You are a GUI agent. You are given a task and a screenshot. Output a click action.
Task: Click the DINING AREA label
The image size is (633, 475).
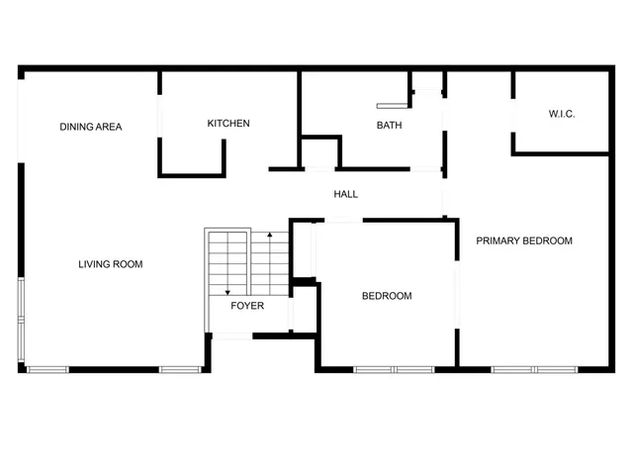90,127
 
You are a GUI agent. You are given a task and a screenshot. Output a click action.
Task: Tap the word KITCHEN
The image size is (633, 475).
227,124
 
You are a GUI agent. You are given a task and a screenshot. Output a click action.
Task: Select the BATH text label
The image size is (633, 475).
389,126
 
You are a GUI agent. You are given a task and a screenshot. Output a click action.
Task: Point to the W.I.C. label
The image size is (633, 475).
562,115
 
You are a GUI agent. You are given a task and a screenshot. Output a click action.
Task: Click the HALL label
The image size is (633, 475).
345,194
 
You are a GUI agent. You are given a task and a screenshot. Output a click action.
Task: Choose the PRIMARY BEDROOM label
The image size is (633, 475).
524,240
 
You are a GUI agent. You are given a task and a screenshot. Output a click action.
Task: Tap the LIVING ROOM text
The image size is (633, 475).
111,264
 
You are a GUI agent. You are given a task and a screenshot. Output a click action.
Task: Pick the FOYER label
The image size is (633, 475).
247,306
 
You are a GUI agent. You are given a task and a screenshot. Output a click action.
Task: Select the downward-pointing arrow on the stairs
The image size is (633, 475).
227,290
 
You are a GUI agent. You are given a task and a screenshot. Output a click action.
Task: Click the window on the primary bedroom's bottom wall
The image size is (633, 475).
535,370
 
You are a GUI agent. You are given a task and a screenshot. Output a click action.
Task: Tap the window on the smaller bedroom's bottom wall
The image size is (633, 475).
394,370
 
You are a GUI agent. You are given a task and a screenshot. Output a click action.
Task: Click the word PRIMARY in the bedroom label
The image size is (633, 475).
498,240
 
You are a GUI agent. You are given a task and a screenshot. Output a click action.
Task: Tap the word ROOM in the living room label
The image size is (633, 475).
129,264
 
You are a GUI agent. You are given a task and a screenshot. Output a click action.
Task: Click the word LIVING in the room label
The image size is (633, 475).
95,264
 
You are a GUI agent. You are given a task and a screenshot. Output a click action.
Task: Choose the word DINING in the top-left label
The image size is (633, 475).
75,127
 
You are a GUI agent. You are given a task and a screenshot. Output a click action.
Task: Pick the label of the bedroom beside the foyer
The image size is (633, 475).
387,296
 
